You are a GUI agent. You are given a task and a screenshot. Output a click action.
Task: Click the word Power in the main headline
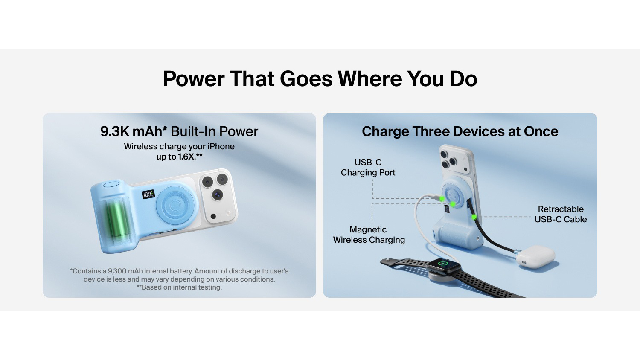click(x=193, y=78)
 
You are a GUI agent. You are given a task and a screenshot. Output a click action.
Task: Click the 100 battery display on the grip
click(x=148, y=195)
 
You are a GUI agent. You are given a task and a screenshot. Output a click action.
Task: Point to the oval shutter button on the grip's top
click(x=111, y=184)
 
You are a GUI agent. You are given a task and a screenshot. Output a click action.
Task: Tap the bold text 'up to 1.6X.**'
click(x=179, y=157)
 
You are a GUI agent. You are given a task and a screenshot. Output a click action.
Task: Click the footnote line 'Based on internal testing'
click(x=179, y=287)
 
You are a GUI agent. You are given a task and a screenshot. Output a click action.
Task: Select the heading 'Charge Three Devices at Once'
click(x=460, y=131)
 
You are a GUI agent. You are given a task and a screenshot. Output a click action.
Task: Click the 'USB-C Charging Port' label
click(x=368, y=168)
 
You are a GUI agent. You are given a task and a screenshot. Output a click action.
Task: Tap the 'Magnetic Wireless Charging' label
click(x=369, y=235)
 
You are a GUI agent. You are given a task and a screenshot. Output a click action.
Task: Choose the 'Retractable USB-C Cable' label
click(x=561, y=214)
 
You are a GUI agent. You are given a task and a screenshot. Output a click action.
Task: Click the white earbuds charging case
click(x=536, y=257)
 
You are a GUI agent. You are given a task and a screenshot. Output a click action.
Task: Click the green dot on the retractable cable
click(x=474, y=217)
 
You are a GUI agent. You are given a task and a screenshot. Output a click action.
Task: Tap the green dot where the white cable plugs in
click(x=442, y=199)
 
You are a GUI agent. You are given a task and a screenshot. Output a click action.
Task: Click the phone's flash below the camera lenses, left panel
click(x=213, y=216)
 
